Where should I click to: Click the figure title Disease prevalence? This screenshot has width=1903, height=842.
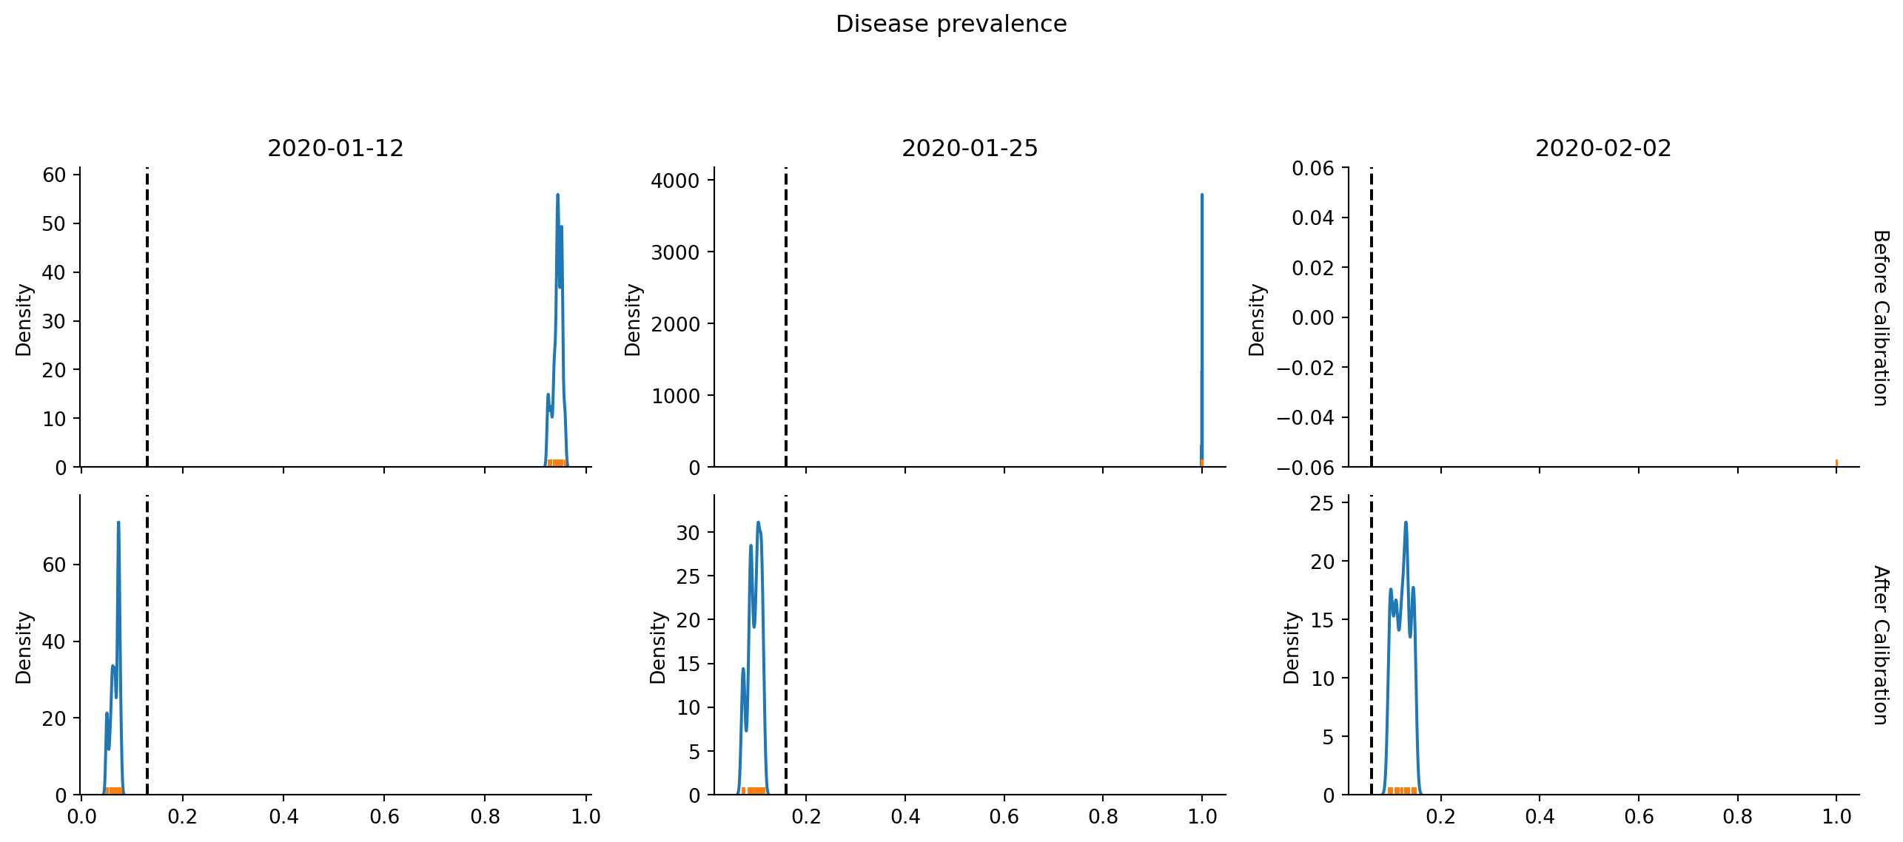[x=951, y=24]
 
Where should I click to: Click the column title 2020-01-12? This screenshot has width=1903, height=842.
[x=335, y=149]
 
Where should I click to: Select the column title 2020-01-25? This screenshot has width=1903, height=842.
[x=970, y=149]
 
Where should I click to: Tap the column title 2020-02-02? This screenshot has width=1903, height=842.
[x=1603, y=149]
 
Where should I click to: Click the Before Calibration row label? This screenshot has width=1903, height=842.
[x=1881, y=318]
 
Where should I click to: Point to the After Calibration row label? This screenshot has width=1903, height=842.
[x=1881, y=645]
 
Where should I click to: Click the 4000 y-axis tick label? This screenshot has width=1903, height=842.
[x=675, y=181]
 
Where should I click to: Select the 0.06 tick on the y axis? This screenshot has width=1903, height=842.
[x=1312, y=169]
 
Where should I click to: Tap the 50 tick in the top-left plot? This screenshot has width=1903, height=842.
[x=54, y=224]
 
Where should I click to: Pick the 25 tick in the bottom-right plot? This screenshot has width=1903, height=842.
[x=1322, y=504]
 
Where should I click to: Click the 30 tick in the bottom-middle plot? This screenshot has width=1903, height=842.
[x=688, y=533]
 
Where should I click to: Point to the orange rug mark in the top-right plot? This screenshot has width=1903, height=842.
[x=1836, y=463]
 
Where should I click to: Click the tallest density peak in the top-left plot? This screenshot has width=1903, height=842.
[x=557, y=195]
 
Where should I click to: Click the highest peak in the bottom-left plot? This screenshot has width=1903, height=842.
[x=118, y=523]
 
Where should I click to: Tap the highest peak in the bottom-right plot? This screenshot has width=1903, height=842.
[x=1406, y=523]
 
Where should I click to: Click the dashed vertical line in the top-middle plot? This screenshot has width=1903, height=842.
[x=786, y=318]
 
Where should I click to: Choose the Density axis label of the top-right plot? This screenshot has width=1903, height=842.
[x=1257, y=320]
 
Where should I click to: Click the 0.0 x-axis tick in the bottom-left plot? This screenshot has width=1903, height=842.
[x=81, y=817]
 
